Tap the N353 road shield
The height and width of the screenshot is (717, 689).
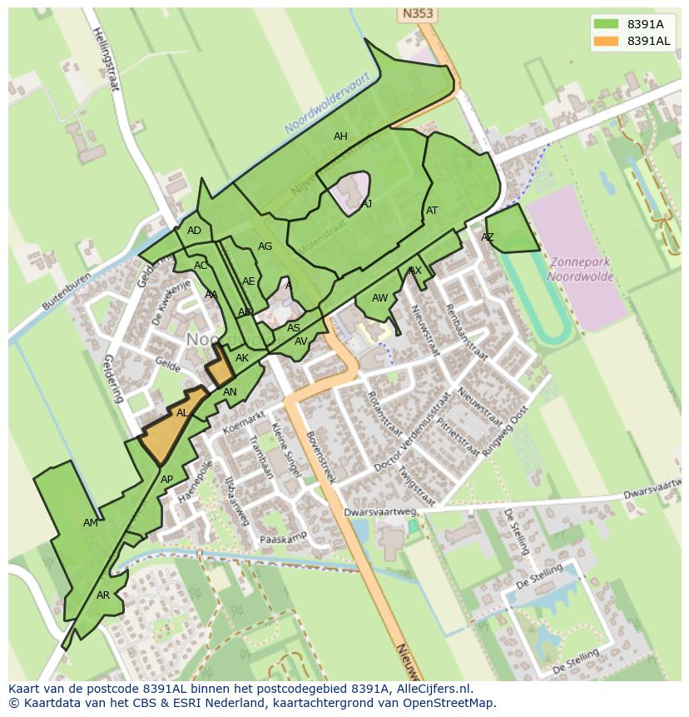418,14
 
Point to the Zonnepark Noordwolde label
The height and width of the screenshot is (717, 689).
581,269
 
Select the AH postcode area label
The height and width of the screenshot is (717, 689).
340,137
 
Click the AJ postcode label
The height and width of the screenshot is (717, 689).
366,203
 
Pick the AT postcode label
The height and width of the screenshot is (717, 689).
432,211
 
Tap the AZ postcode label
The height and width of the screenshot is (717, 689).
488,237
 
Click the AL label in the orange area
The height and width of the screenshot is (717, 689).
182,413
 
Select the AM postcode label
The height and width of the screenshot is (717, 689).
91,523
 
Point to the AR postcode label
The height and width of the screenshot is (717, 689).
103,595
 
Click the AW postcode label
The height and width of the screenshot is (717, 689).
379,298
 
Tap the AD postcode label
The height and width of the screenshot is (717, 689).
194,231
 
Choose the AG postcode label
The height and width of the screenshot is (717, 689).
265,246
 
